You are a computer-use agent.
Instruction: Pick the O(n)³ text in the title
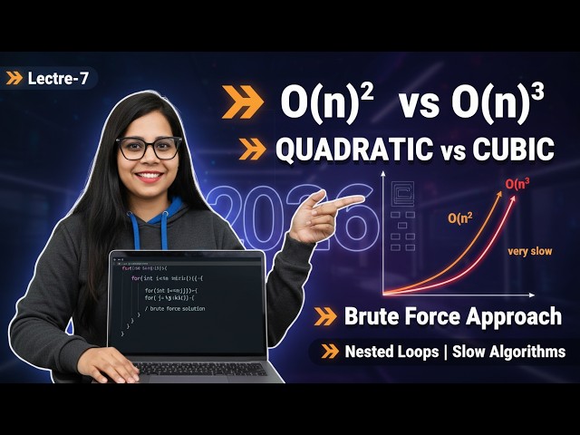coord(498,103)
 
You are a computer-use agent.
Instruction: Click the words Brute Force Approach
coord(453,316)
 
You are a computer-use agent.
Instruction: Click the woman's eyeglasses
coord(150,148)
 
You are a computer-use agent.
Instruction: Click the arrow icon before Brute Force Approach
coord(325,317)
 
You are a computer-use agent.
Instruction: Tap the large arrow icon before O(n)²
coord(242,104)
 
